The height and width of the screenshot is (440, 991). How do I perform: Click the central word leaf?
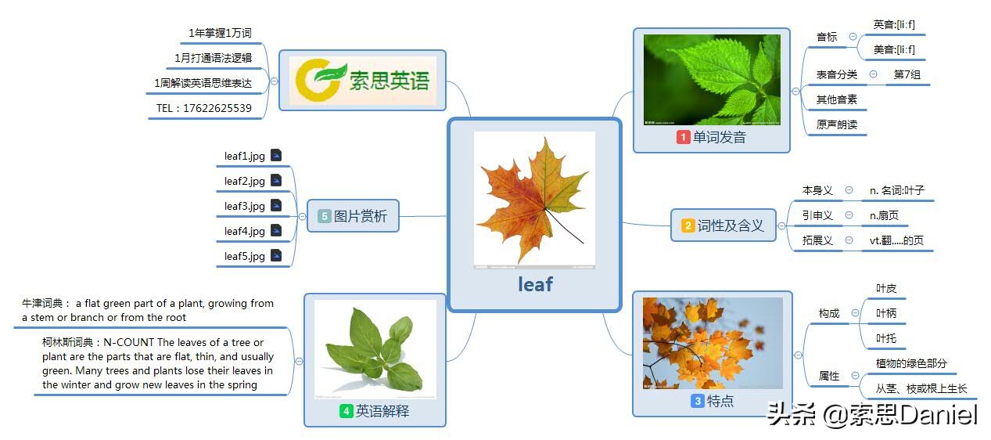pos(535,284)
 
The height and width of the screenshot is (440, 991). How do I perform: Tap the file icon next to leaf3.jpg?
pos(276,205)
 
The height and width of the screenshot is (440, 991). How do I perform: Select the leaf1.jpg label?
pos(245,156)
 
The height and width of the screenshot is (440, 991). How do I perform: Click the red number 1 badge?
pos(683,137)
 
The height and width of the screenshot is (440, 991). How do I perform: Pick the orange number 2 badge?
pos(688,225)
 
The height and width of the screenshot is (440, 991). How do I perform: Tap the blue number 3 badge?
pos(697,401)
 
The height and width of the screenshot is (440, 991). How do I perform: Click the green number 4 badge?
pos(346,411)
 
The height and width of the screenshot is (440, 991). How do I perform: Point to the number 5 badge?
pos(325,216)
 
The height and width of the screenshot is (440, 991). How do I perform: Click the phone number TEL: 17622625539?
pos(204,108)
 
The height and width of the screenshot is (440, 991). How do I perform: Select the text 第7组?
pos(907,74)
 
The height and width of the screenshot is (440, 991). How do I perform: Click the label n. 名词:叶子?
pos(897,190)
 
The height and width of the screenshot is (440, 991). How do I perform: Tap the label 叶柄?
pos(886,313)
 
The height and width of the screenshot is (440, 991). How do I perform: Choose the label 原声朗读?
pos(837,124)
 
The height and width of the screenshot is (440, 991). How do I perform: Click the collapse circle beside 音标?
pos(853,37)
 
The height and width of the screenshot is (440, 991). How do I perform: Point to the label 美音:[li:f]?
pos(894,49)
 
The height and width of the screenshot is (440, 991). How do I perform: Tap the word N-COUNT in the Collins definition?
pos(128,342)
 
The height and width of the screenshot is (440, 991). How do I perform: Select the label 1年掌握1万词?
pos(220,33)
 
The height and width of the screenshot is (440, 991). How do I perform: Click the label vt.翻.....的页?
pos(897,240)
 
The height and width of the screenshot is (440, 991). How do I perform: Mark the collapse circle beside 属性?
pos(855,375)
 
